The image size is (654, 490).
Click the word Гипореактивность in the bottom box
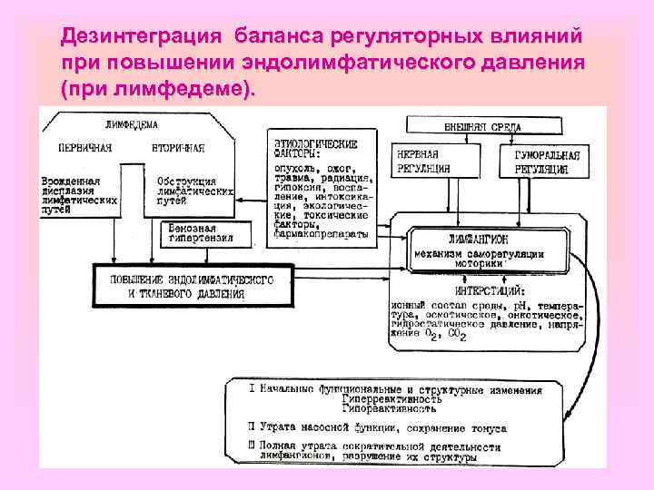[x=394, y=409]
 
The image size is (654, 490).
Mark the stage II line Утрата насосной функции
[x=381, y=427]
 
